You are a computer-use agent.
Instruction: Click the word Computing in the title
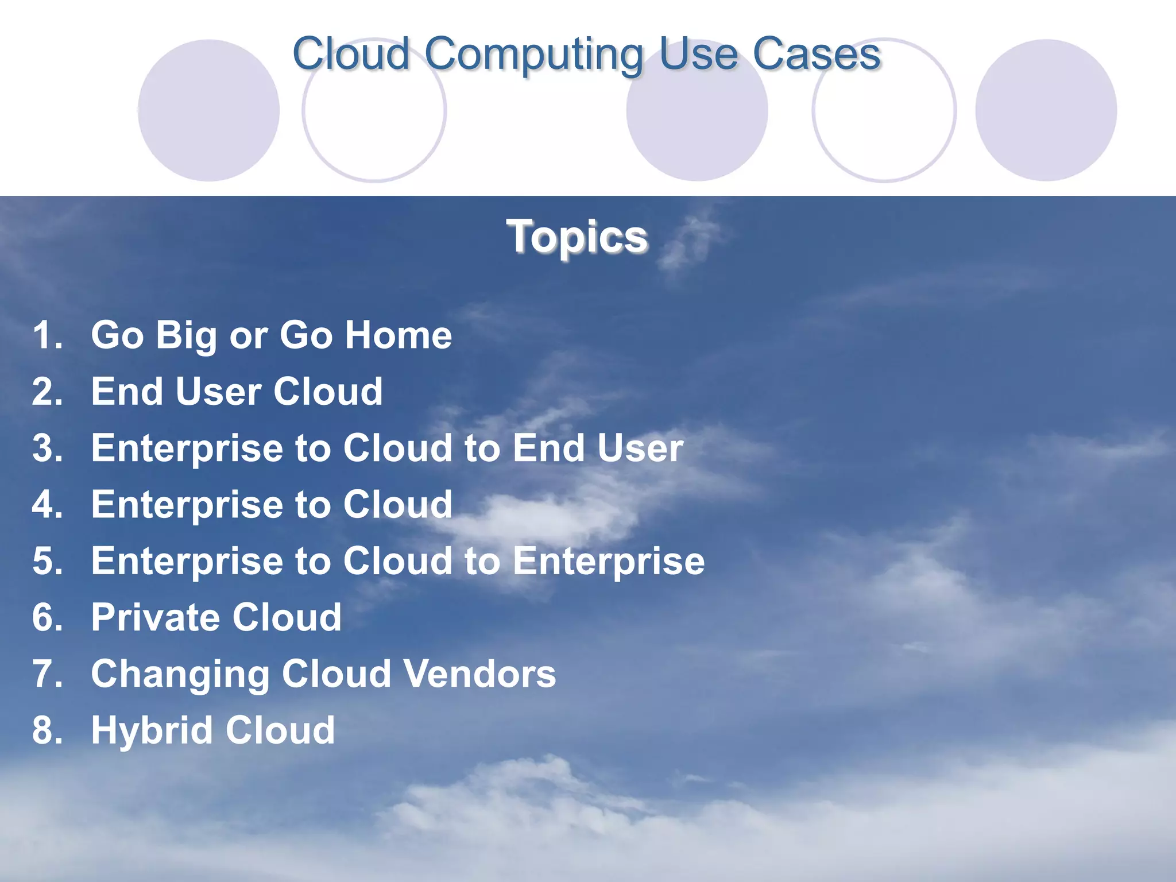tap(534, 55)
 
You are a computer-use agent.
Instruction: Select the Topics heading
tap(577, 237)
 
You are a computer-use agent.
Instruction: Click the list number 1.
tap(47, 335)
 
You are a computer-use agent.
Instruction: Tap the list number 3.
tap(47, 448)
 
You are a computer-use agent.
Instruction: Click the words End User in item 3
tap(598, 448)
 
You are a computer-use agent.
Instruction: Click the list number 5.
tap(47, 561)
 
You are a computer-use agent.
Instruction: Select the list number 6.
tap(47, 618)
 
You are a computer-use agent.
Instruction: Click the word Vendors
tap(479, 674)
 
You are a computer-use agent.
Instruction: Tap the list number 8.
tap(47, 730)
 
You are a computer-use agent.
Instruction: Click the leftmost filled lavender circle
tap(209, 111)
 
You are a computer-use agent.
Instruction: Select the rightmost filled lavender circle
tap(1046, 111)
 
